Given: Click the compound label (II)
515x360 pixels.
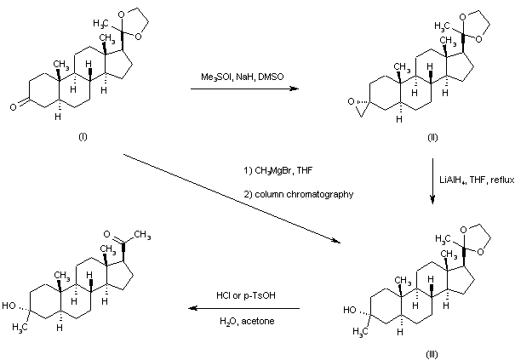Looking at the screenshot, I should click(x=432, y=137).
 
